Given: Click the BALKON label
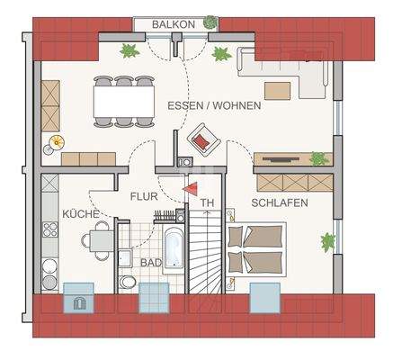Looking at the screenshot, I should point(169,24).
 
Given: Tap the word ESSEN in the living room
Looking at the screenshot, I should point(184,105).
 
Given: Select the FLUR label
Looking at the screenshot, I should point(144,195).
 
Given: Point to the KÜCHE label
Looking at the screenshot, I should point(81,214).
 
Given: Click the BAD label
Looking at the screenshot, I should point(150,262).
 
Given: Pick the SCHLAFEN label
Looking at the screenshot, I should point(280,203).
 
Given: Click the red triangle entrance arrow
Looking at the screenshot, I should point(190,188).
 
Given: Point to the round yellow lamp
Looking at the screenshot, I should point(57,141).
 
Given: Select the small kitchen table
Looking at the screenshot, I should point(96,240).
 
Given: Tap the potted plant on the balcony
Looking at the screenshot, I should point(210,22).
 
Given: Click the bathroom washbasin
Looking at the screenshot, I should point(123,256).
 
